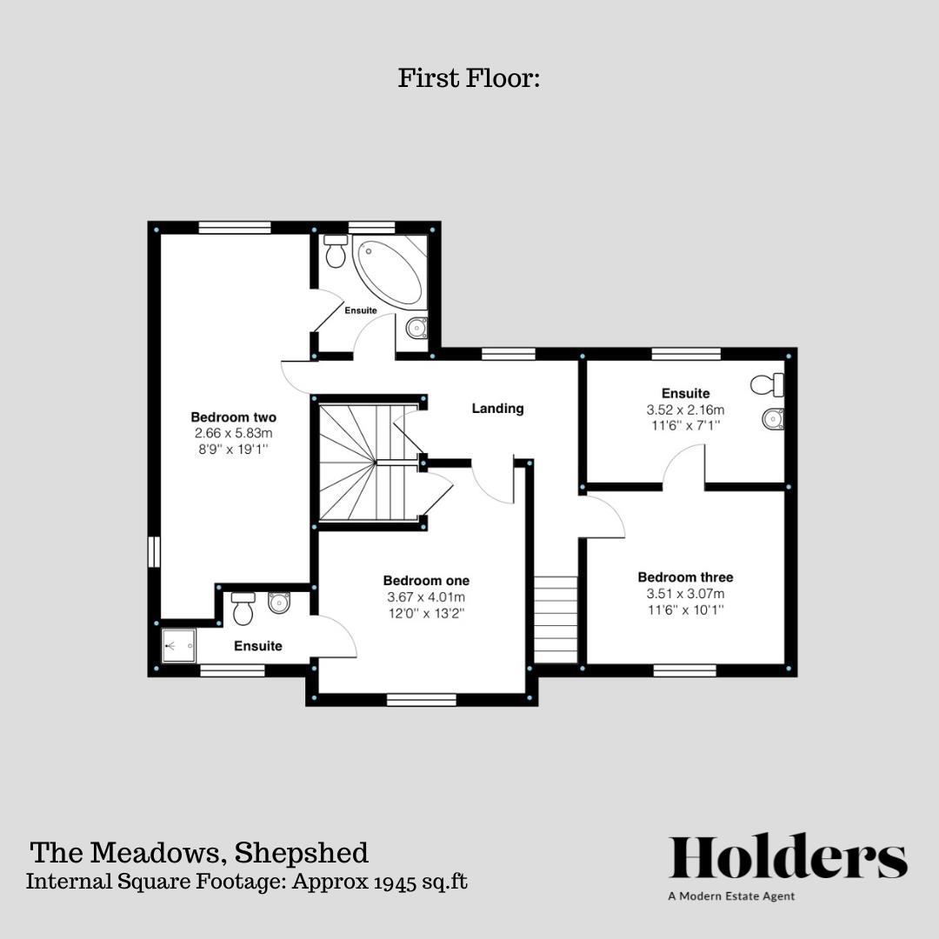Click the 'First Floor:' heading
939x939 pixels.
(469, 78)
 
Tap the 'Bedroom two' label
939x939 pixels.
(233, 417)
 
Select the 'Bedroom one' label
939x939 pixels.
(426, 581)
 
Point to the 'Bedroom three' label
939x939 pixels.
(685, 577)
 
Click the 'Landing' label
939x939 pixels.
(497, 408)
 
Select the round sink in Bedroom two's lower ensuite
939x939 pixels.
(279, 603)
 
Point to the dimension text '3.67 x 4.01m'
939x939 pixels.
(426, 597)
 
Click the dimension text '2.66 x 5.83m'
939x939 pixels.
(233, 433)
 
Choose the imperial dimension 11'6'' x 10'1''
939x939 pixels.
(685, 610)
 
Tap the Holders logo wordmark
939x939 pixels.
(788, 857)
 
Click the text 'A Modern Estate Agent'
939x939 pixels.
(730, 896)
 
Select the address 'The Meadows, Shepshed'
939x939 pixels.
(199, 852)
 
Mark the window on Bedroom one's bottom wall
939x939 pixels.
(422, 697)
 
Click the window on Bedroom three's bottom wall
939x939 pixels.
(685, 669)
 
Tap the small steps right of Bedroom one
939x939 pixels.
(556, 619)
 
